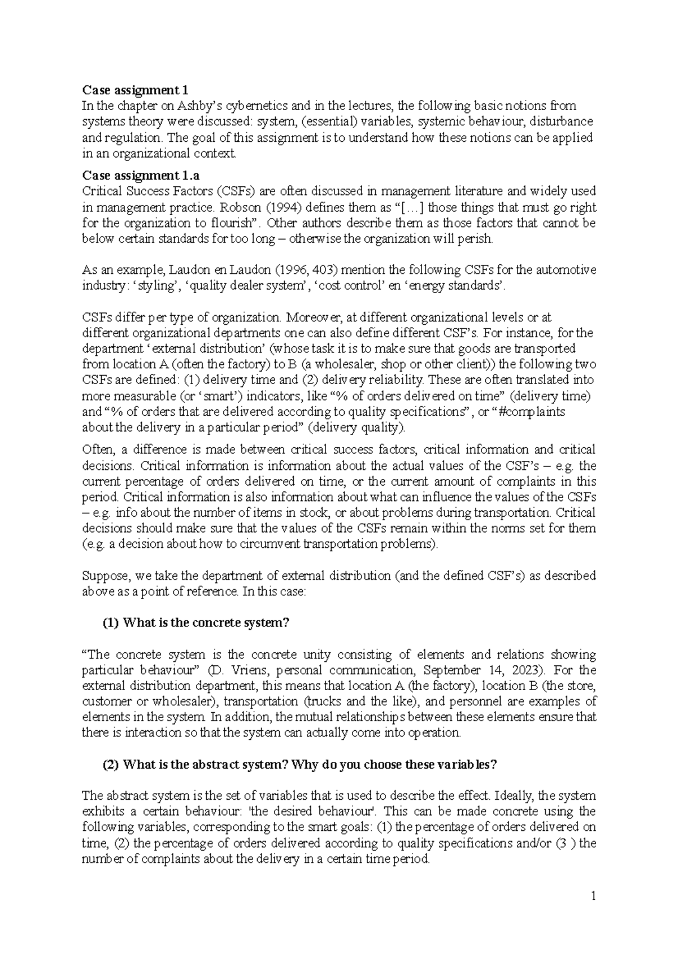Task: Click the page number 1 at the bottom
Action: coord(593,896)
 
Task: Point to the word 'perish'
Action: coord(477,239)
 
